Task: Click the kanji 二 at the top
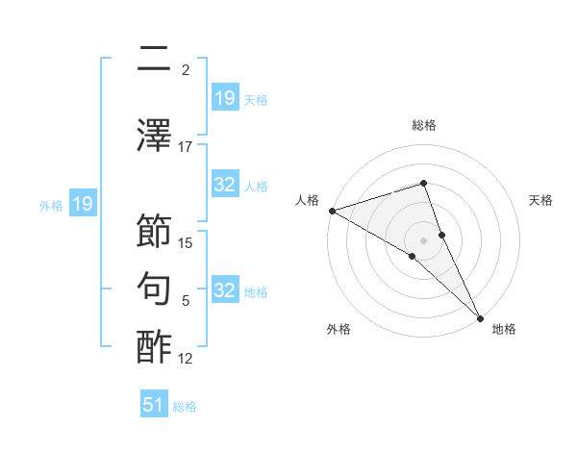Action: point(155,60)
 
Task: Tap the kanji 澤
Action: point(155,137)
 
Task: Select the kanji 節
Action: point(155,233)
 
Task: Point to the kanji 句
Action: point(155,289)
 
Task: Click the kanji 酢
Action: point(155,346)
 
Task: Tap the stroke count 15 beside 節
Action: point(187,242)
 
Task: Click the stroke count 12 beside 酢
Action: point(186,358)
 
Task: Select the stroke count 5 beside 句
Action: point(186,300)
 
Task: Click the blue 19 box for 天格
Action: point(225,97)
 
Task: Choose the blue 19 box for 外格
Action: point(82,204)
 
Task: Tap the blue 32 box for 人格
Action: point(225,185)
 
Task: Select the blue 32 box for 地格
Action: point(225,290)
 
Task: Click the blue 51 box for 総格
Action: point(154,405)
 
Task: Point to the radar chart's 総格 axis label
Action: point(423,125)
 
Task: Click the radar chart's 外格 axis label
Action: point(339,329)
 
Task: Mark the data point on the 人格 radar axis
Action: point(332,210)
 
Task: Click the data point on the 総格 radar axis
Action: point(423,183)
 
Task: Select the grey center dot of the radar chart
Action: point(423,239)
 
